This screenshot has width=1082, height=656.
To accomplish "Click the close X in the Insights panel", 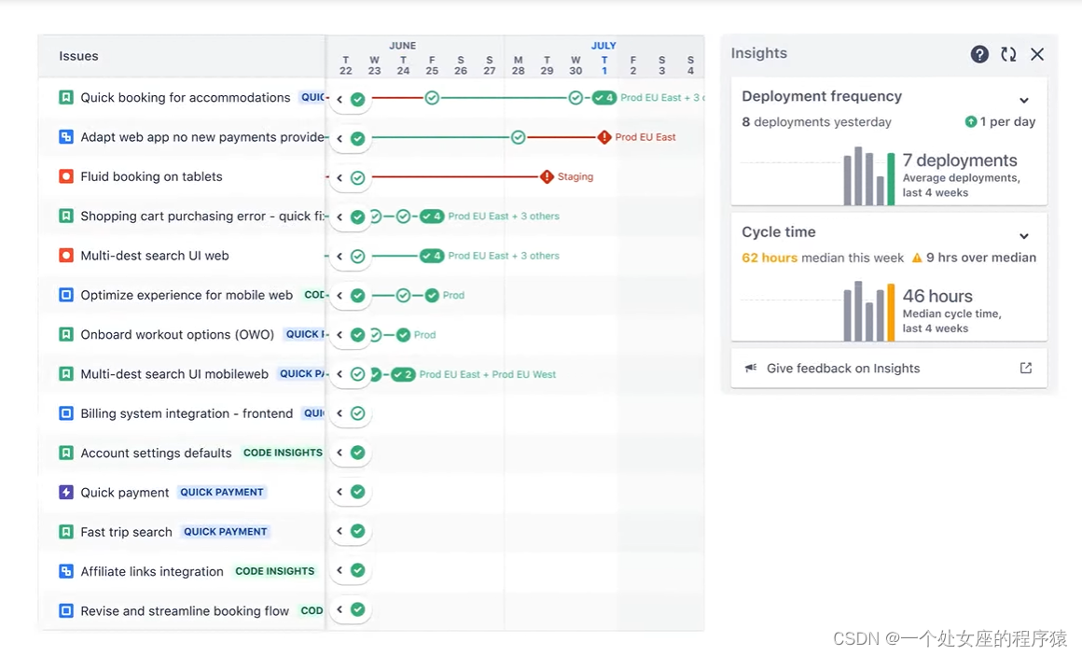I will click(1037, 54).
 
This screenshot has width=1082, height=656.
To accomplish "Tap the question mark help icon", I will click(979, 54).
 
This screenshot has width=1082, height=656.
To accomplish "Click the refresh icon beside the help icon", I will click(1008, 54).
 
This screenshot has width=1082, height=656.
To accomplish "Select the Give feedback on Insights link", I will click(842, 369).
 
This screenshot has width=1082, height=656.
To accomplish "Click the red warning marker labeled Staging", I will click(548, 176).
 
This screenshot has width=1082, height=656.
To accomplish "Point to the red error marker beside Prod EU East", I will click(604, 137).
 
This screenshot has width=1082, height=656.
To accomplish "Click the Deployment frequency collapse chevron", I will click(1024, 100).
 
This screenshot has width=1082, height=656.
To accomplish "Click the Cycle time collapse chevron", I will click(1024, 236).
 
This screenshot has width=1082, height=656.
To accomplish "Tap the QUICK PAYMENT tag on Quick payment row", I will click(222, 492).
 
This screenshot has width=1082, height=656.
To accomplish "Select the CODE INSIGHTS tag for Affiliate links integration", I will click(275, 571).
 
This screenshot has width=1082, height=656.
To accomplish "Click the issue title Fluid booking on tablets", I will click(151, 176).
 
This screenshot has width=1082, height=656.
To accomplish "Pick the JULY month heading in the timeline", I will click(603, 45).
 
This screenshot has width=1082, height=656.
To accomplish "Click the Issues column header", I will click(78, 56).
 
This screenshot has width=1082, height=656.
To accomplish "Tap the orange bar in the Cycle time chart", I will click(891, 313).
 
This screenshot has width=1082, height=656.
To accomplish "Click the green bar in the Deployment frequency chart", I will click(891, 178).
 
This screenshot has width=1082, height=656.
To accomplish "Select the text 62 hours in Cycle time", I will click(770, 258).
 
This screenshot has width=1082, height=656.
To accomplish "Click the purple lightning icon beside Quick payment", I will click(66, 492).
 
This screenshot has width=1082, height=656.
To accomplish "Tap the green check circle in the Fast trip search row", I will click(357, 531).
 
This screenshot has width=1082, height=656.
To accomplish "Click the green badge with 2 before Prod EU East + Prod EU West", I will click(403, 374).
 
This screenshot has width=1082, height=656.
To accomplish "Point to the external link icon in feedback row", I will click(1026, 369).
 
